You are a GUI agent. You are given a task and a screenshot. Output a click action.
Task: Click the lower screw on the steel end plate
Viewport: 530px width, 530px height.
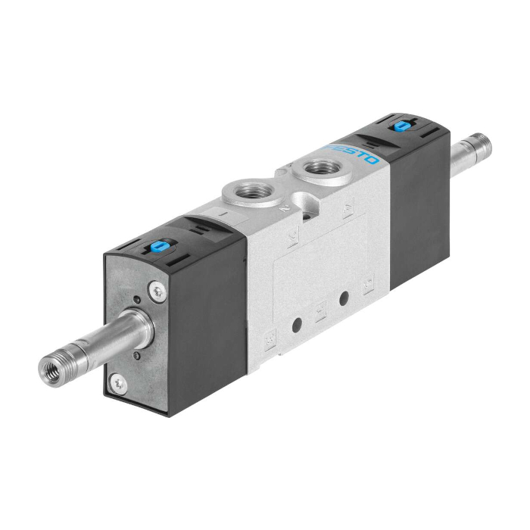[x=117, y=383]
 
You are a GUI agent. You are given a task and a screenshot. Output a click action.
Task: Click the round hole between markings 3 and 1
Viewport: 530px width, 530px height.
[x=296, y=325]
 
